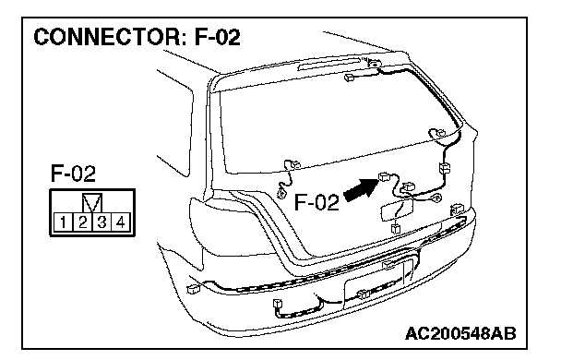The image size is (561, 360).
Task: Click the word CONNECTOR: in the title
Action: [x=110, y=37]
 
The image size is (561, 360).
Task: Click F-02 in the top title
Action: [x=217, y=37]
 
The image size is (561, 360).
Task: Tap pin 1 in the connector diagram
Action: [x=64, y=222]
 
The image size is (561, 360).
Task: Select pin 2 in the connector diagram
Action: [x=83, y=222]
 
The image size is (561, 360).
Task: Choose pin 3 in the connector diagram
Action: [x=101, y=222]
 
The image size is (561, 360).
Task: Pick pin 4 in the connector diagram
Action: [x=121, y=222]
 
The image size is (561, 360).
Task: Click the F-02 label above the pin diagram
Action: [x=73, y=174]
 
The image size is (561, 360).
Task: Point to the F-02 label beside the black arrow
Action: [x=316, y=202]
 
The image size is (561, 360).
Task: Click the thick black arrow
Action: [x=361, y=189]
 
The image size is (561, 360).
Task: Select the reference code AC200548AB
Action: [x=460, y=334]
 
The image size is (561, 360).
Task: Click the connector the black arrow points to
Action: [x=384, y=176]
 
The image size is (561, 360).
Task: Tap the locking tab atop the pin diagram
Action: [x=92, y=203]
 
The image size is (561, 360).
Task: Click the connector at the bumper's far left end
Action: [x=193, y=288]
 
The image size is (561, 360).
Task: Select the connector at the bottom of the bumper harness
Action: [x=278, y=304]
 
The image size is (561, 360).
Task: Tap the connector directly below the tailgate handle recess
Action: [x=395, y=228]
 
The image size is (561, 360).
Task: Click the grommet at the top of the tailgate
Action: [x=375, y=64]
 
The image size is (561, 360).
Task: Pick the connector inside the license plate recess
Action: [x=364, y=294]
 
